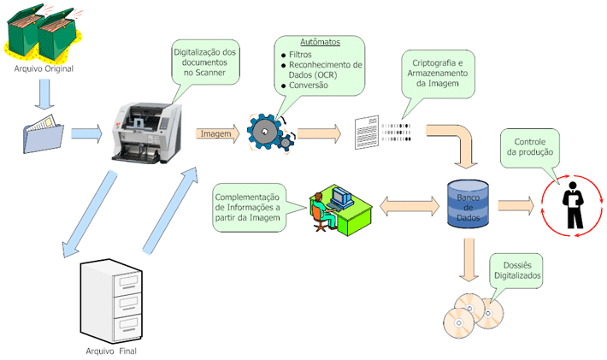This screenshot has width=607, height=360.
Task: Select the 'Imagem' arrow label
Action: [x=215, y=133]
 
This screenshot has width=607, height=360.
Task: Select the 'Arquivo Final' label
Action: [x=110, y=351]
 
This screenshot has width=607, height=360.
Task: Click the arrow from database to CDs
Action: [x=467, y=261]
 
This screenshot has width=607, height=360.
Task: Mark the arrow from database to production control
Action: [x=516, y=206]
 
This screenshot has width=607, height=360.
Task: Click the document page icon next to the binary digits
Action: [x=365, y=133]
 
